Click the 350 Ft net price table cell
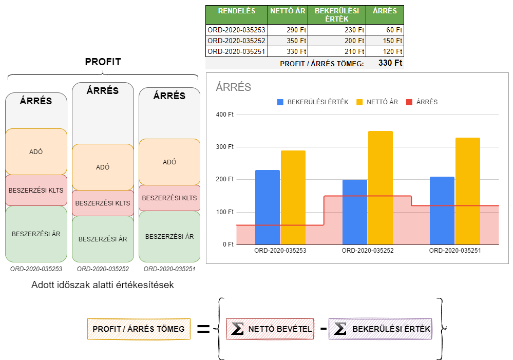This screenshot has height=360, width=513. pos(288,41)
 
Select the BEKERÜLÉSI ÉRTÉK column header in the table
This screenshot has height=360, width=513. pos(337,15)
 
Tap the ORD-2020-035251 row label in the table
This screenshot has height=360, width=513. pos(237,51)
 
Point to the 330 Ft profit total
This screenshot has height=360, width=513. pos(390,63)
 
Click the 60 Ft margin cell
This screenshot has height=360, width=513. pos(385,30)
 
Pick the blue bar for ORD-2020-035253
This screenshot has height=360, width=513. pos(268,207)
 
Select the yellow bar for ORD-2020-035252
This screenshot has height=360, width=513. pos(381,188)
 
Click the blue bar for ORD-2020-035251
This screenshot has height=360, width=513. pos(442,211)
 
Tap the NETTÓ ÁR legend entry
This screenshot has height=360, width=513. pos(377,102)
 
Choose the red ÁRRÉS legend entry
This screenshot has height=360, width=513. pos(422,102)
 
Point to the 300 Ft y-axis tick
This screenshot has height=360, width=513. pos(225,146)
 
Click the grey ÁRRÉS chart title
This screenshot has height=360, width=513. pos(233,87)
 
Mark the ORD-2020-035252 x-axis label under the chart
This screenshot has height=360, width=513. pos(367,251)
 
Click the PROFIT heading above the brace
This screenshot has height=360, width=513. pos(103,62)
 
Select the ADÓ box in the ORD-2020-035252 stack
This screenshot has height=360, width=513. pos(103,167)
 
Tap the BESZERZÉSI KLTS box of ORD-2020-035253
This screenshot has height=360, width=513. pos(36,190)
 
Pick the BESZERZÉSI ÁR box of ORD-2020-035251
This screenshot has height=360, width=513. pos(169,236)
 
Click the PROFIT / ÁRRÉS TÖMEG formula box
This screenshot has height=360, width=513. pos(139,329)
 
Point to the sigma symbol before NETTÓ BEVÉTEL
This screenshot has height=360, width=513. pos(237,329)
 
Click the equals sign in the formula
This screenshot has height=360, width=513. pos(203,329)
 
